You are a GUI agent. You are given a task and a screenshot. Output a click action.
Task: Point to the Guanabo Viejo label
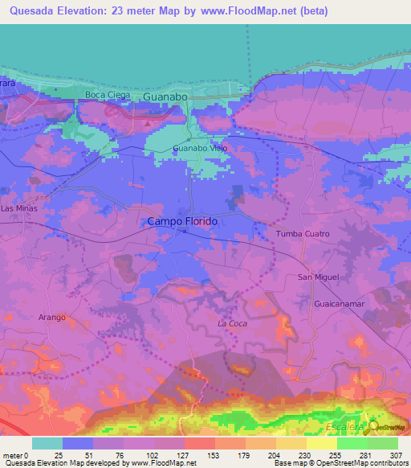[x=201, y=149]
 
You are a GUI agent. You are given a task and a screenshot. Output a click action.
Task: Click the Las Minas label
[x=19, y=208]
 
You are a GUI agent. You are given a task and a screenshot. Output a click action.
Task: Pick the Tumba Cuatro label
[x=303, y=233]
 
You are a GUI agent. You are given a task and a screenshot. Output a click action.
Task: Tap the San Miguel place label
[x=319, y=277]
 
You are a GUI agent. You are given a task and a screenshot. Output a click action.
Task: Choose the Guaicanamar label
[x=342, y=305]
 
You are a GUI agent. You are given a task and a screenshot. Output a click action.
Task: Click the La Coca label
[x=231, y=323]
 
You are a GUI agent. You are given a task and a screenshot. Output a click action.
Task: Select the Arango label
[x=52, y=318]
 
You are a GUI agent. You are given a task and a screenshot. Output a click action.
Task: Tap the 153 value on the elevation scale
[x=214, y=455]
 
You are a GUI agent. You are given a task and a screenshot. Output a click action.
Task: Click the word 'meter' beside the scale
[x=13, y=455]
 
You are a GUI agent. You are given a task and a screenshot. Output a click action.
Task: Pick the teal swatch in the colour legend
[x=47, y=443]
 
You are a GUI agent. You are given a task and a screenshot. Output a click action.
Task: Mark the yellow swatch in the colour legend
[x=322, y=443]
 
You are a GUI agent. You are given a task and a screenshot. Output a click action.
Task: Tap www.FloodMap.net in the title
[x=250, y=10]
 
